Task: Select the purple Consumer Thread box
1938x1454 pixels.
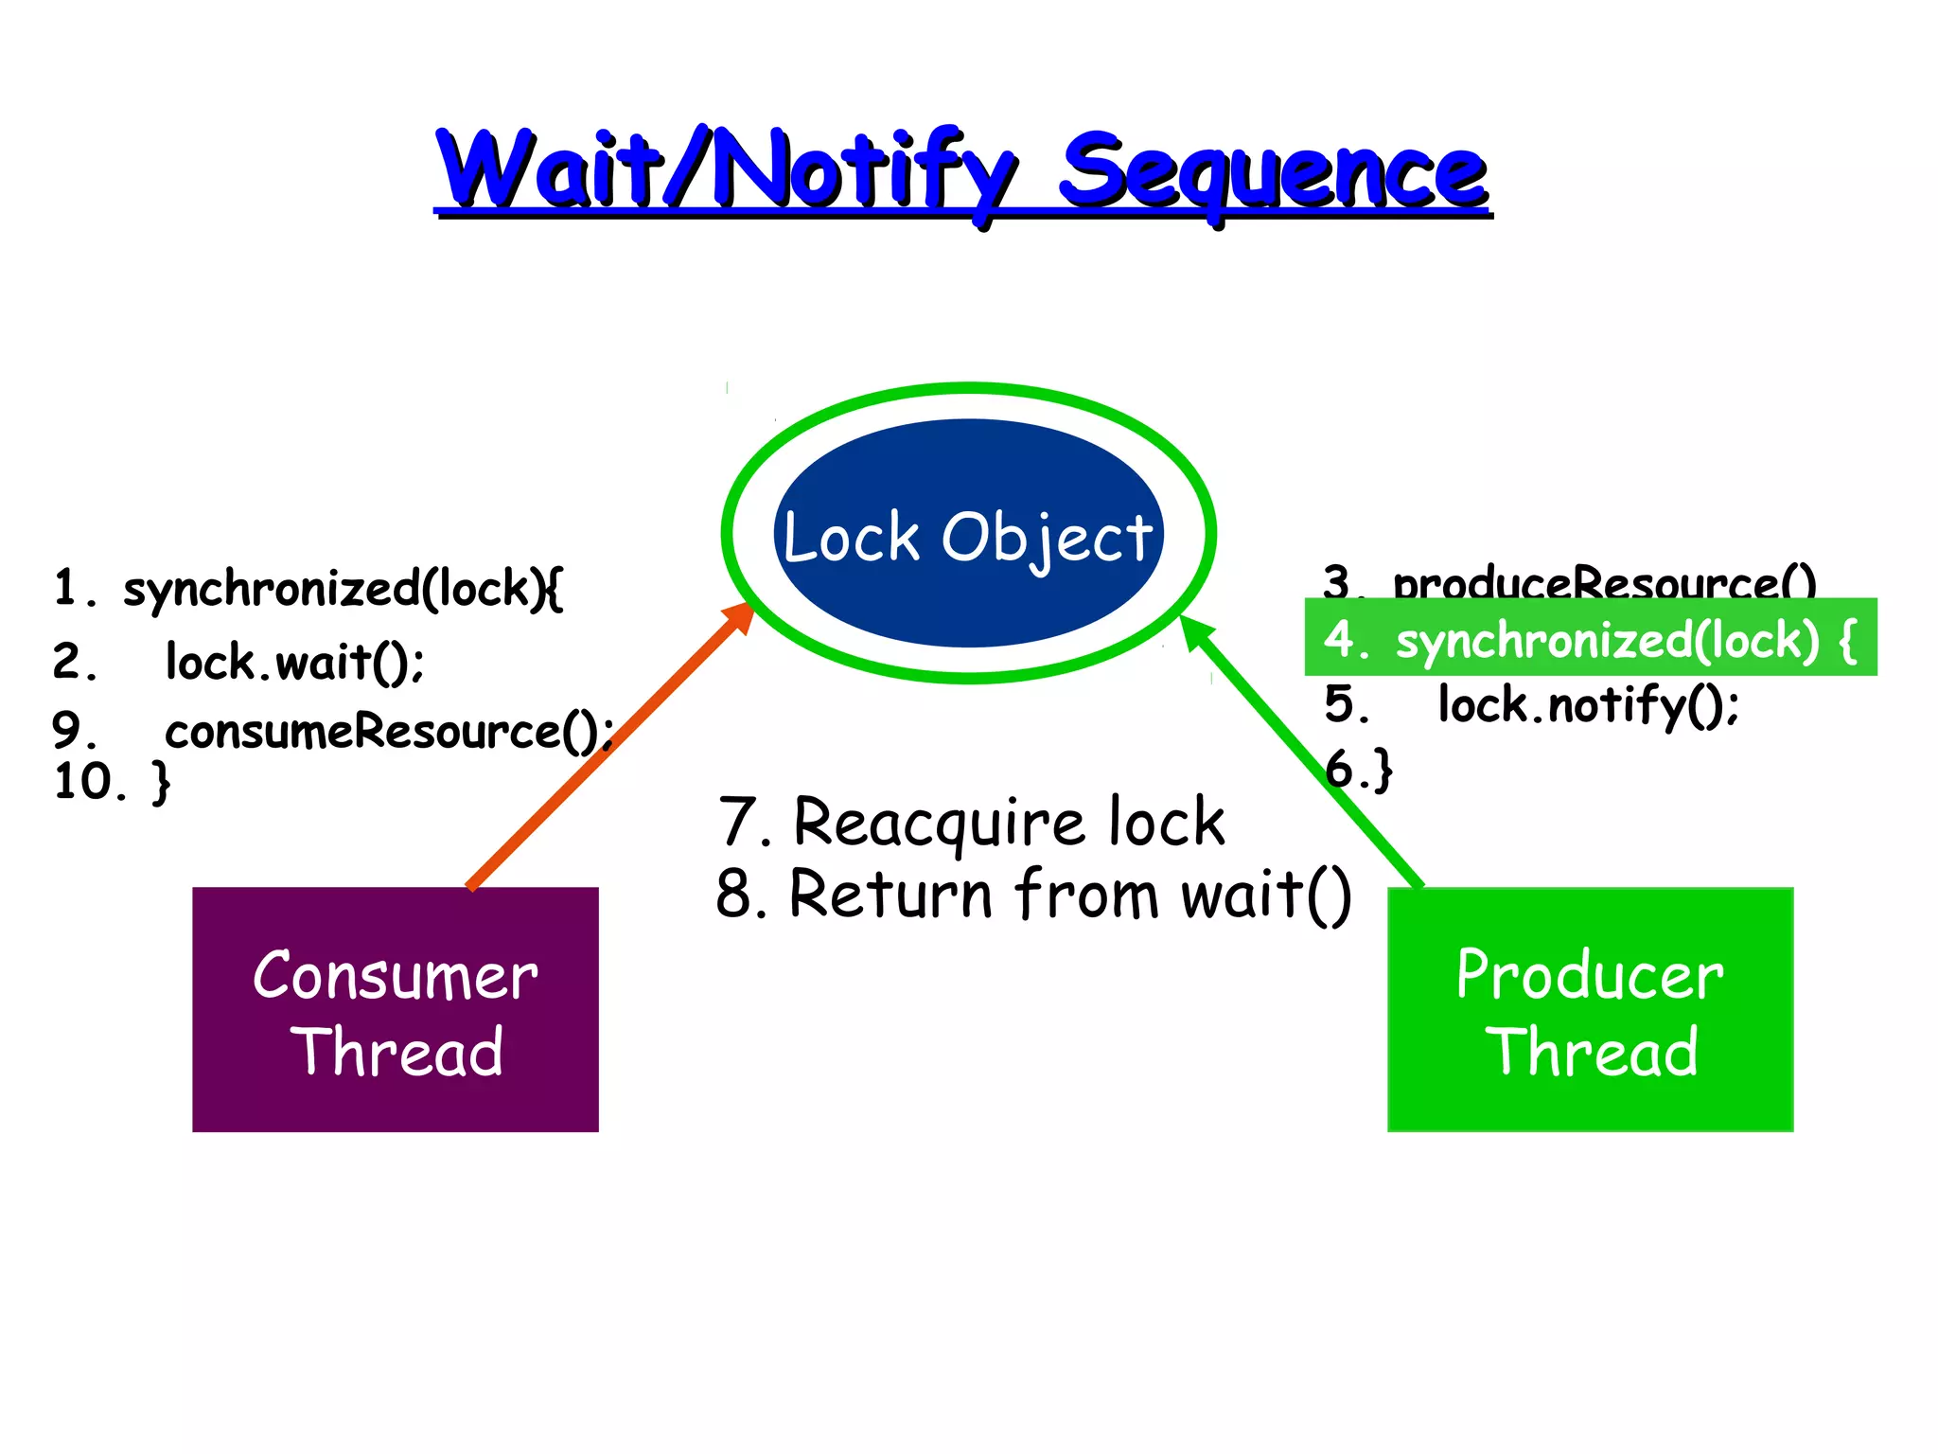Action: [396, 1089]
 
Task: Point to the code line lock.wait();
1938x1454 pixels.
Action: [293, 661]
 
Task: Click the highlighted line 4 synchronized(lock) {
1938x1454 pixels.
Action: [1590, 639]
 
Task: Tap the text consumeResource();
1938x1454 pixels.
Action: [388, 732]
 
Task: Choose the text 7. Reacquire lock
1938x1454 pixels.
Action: [971, 822]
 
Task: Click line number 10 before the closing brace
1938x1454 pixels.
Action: [87, 782]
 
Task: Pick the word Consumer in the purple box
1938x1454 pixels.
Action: [396, 976]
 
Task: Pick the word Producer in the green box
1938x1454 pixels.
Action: [1590, 975]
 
